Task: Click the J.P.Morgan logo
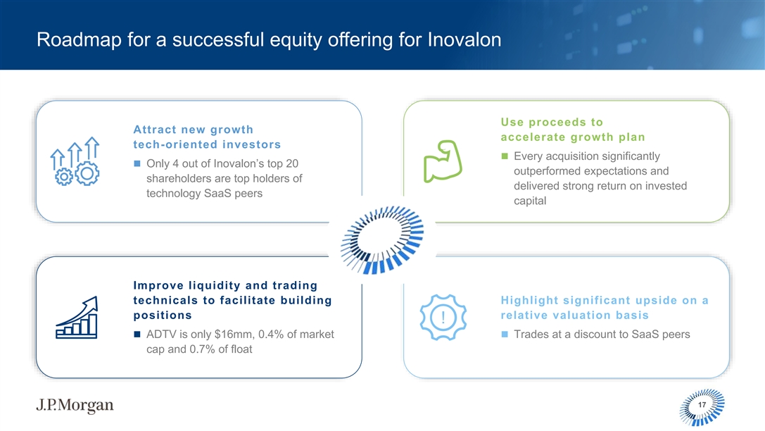(x=75, y=405)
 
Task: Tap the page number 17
(x=702, y=405)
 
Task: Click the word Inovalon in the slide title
(x=464, y=39)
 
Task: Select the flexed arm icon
(x=443, y=161)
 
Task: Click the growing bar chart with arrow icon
(x=77, y=318)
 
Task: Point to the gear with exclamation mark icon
(x=443, y=318)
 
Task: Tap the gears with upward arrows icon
(x=75, y=161)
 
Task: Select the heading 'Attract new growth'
(x=194, y=130)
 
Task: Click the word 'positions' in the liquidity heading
(x=163, y=316)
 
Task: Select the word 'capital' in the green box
(x=530, y=201)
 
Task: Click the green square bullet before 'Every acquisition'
(x=505, y=156)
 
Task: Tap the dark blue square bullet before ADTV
(x=137, y=335)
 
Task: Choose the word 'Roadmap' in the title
(x=79, y=39)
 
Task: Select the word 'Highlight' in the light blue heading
(x=529, y=300)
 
